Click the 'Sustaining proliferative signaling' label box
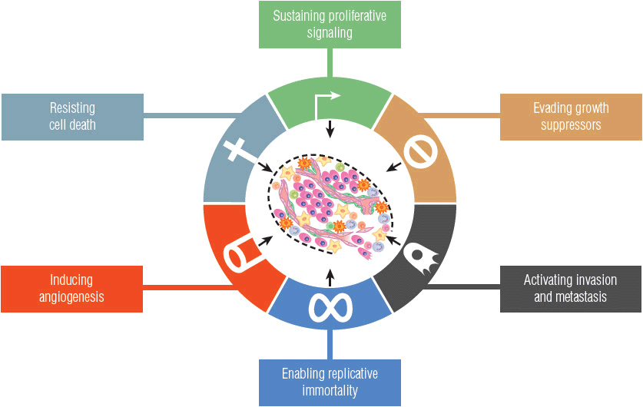(x=329, y=24)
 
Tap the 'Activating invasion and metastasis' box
(x=570, y=288)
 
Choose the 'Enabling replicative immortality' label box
(x=330, y=382)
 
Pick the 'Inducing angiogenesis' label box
(x=71, y=288)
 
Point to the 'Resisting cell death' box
(x=71, y=117)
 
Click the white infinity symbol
(x=330, y=306)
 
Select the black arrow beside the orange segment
(x=393, y=167)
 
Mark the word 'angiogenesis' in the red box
(x=71, y=296)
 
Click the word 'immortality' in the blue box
(x=330, y=391)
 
